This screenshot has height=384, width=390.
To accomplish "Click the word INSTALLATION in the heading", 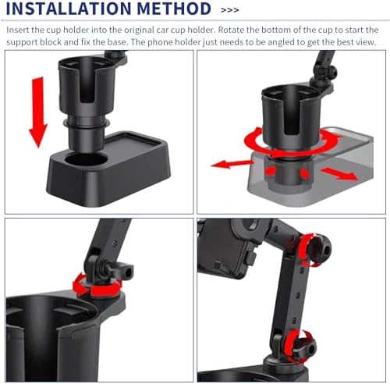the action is pos(69,9).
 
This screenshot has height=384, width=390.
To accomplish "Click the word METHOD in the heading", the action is pos(174,9).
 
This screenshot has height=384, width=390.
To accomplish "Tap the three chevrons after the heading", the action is pos(229,10).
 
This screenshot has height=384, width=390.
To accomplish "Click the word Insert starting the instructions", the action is pos(18,30).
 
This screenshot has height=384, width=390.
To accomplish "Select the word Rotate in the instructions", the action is pos(231,30).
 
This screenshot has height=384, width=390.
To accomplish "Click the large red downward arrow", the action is pos(38,112).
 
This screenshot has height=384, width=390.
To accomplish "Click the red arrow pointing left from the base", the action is pos(232,164).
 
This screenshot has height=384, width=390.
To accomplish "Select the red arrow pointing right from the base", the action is pos(339,173).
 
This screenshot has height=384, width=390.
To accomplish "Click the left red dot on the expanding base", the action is pos(271,171).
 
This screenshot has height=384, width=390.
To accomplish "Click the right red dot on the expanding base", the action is pos(304,172).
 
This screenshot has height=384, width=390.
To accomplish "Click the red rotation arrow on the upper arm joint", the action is pos(307,250).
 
